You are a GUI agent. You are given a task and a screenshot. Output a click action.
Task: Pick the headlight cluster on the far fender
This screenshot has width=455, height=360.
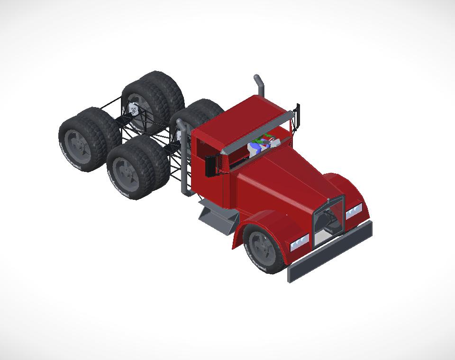click(x=354, y=211)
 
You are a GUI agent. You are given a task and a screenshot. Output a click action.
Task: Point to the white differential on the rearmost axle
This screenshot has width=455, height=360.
click(x=134, y=110)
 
